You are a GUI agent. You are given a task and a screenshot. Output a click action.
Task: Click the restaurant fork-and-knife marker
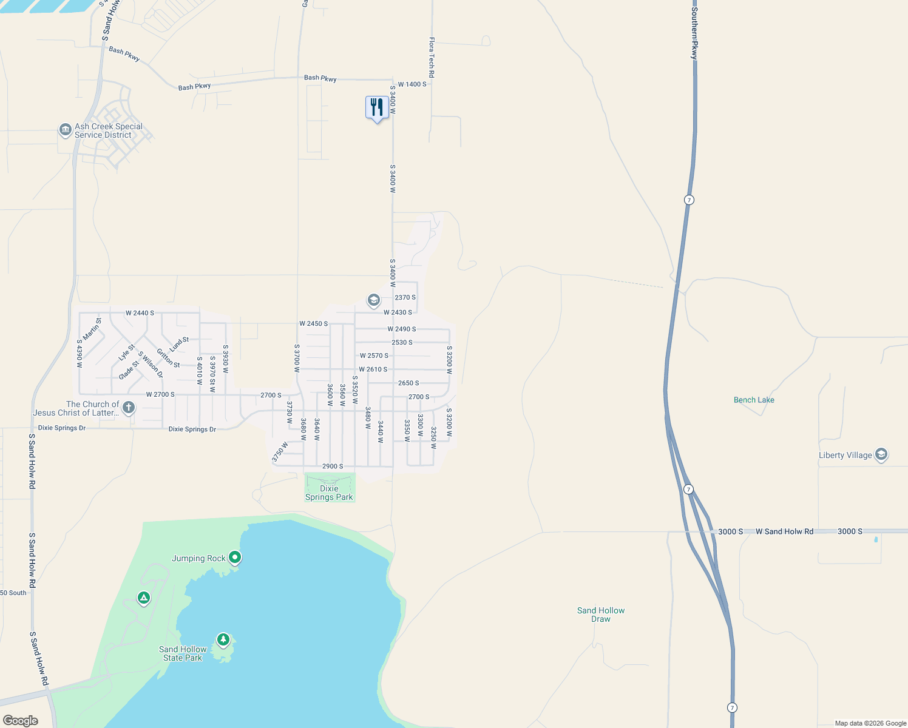point(377,108)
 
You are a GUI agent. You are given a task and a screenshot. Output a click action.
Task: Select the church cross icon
point(129,407)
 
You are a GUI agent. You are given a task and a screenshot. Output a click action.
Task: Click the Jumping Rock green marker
point(235,558)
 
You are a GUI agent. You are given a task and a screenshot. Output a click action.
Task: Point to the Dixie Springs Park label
point(329,493)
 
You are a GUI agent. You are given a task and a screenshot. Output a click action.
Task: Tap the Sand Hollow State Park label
point(183,653)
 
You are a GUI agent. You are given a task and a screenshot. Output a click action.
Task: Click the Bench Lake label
point(754,400)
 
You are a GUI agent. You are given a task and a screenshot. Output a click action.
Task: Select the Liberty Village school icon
point(881,454)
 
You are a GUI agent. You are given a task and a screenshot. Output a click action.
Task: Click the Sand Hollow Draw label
point(601,615)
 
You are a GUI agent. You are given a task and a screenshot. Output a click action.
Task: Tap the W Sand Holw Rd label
point(784,531)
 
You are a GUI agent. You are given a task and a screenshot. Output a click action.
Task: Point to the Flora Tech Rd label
point(432,58)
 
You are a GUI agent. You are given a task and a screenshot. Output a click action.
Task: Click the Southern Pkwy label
point(694,33)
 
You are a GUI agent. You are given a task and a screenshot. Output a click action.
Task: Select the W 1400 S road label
point(412,84)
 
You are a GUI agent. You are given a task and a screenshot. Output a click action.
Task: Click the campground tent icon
point(144,598)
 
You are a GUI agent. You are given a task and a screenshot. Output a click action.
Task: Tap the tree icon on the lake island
point(223,639)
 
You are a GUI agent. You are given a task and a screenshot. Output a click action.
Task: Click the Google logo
point(21,721)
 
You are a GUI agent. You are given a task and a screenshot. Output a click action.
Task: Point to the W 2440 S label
point(140,313)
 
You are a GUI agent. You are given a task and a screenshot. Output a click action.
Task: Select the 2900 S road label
point(333,467)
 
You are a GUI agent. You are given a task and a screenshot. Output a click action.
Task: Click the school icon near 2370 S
point(373,300)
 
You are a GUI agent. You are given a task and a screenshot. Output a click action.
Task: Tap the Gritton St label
point(168,358)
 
